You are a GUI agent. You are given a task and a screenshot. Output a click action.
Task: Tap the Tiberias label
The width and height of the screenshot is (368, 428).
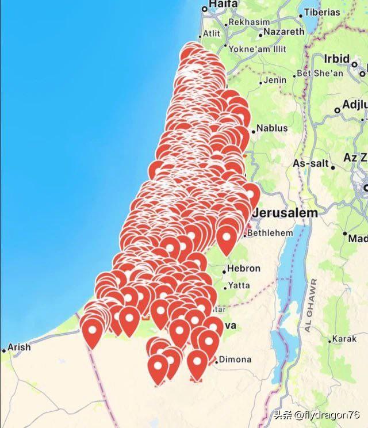(x=322, y=12)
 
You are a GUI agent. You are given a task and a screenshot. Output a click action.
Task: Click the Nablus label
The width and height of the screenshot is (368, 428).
(x=271, y=128)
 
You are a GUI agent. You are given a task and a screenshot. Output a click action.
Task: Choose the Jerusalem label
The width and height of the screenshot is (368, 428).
(x=285, y=213)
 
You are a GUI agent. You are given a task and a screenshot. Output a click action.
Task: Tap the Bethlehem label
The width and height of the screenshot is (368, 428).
(x=271, y=233)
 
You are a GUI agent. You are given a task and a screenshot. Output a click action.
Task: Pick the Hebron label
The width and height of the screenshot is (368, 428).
(x=244, y=268)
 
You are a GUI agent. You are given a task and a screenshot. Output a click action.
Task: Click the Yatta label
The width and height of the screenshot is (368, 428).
(x=239, y=285)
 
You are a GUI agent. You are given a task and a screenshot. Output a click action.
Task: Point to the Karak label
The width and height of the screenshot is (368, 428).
(x=344, y=339)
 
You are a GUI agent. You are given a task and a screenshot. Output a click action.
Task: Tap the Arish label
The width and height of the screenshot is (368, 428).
(x=18, y=347)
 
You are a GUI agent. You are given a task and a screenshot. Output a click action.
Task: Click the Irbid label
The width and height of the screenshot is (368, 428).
(x=337, y=59)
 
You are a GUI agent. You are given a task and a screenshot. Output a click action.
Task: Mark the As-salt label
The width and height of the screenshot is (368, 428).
(x=310, y=164)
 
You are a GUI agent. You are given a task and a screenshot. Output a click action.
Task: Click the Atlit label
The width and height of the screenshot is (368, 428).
(x=212, y=33)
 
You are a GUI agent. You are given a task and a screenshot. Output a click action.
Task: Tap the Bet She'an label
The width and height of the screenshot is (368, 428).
(x=320, y=74)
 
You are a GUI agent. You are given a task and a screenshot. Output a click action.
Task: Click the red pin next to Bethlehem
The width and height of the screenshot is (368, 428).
(x=227, y=237)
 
